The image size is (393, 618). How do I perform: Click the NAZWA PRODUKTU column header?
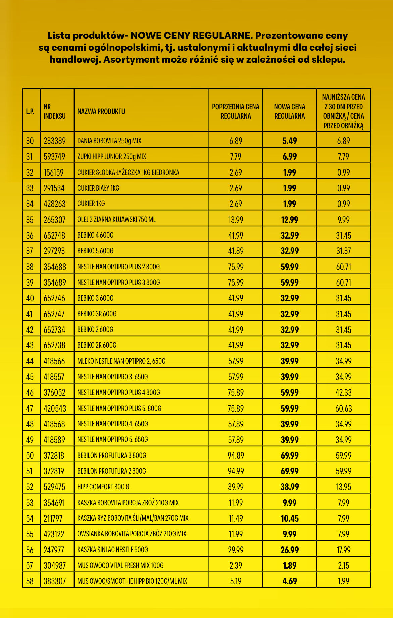click(101, 111)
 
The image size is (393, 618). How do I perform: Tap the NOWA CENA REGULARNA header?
click(290, 111)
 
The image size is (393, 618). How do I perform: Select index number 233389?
click(55, 141)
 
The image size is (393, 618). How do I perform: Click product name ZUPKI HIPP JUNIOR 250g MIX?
click(112, 157)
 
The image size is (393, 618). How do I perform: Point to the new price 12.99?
click(290, 220)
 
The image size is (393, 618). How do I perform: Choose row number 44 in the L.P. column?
click(30, 361)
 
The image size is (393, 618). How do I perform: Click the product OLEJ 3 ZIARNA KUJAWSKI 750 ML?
click(116, 220)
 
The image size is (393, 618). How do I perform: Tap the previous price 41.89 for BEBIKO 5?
click(236, 251)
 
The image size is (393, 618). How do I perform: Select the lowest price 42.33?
click(344, 393)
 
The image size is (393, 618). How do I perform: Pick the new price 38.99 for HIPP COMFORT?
click(290, 487)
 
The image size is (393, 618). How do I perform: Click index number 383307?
click(55, 581)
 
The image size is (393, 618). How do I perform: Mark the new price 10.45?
click(290, 519)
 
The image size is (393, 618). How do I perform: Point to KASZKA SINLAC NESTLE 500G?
click(112, 550)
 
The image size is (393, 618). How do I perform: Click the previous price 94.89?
click(236, 456)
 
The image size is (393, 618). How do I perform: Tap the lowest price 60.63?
click(344, 409)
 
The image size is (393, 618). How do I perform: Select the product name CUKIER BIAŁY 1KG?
click(98, 188)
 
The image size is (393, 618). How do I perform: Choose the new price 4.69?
click(290, 581)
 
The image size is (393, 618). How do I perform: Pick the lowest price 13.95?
click(344, 487)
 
